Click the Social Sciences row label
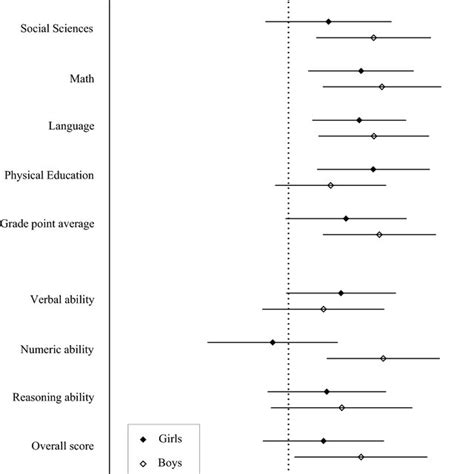[57, 28]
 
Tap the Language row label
[71, 126]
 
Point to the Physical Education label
[49, 175]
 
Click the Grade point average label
[47, 224]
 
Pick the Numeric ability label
[57, 349]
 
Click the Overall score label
[61, 447]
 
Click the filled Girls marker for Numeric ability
[272, 342]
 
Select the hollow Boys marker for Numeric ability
[383, 357]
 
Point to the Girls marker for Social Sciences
[328, 21]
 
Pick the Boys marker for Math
[382, 87]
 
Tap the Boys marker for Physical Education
[331, 185]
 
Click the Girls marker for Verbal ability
[341, 293]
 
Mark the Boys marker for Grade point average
[379, 234]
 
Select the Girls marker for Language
[359, 120]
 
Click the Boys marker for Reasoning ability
[342, 407]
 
